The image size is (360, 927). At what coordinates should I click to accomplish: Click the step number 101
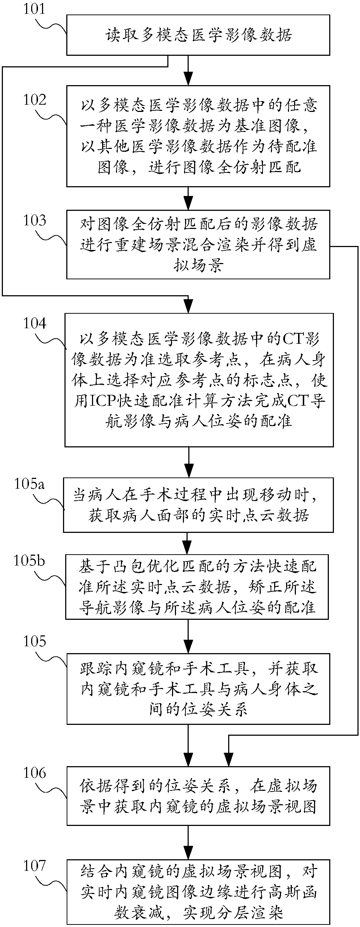pos(35,8)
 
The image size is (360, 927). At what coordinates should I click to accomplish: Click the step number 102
pos(35,100)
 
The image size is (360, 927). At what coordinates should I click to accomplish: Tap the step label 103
pos(35,220)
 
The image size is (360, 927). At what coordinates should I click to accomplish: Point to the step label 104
pos(35,323)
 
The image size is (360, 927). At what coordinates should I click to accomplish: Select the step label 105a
pos(29,484)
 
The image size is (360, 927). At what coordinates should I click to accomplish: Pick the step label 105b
pos(29,561)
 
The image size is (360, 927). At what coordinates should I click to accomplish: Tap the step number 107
pos(35,866)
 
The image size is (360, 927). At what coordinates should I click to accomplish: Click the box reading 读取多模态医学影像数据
pos(198,35)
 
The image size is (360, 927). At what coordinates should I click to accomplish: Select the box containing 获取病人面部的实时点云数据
pos(198,505)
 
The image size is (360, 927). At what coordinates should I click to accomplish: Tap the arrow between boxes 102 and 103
pos(188,198)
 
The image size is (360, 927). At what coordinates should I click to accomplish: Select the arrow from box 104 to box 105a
pos(188,462)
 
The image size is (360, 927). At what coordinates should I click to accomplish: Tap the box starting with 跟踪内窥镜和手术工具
pos(198,689)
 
